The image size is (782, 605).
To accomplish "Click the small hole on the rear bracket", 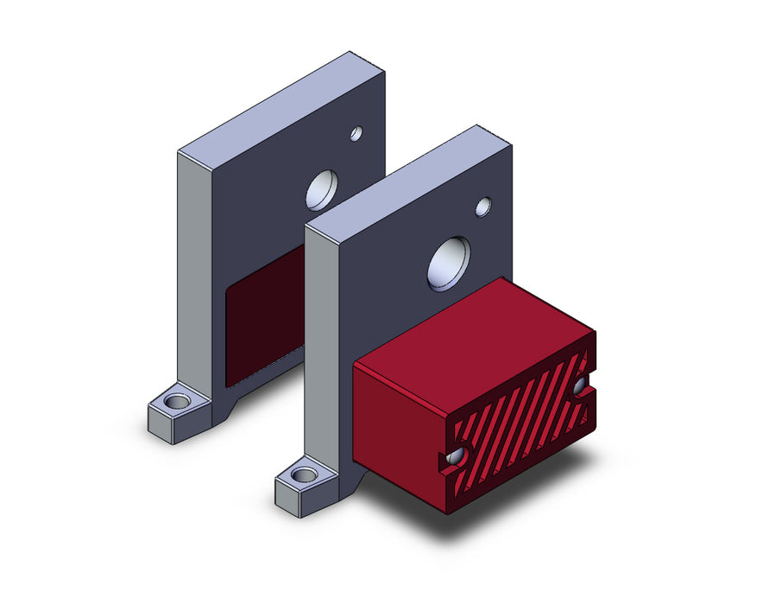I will pos(356,133).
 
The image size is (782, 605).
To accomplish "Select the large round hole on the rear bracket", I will pos(321,189).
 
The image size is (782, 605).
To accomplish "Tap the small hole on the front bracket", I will pos(483,207).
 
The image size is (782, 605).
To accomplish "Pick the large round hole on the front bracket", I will pos(449,263).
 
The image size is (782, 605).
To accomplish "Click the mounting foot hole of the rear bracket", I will pos(178,402).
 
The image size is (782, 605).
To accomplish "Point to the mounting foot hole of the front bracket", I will pos(304,474).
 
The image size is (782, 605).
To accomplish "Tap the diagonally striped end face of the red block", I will pos(518,423).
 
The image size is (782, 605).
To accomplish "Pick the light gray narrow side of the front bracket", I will pos(321,346).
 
